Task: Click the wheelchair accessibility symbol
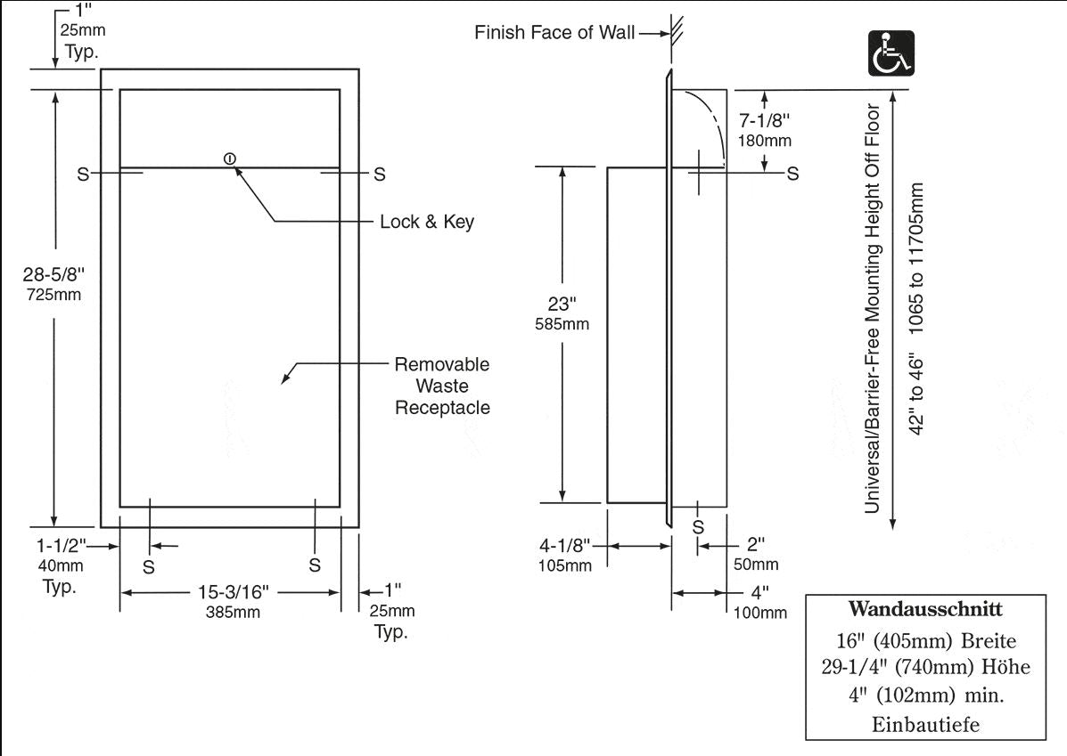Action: [891, 53]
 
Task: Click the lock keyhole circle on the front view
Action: [230, 159]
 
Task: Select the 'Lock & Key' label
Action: [427, 222]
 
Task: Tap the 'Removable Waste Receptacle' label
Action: [442, 386]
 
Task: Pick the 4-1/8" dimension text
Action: [563, 543]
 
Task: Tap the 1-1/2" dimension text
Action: [60, 545]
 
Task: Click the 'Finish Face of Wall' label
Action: [554, 34]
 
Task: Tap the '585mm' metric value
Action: [563, 324]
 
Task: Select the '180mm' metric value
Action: [765, 141]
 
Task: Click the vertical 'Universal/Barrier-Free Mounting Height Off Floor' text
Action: [873, 309]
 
